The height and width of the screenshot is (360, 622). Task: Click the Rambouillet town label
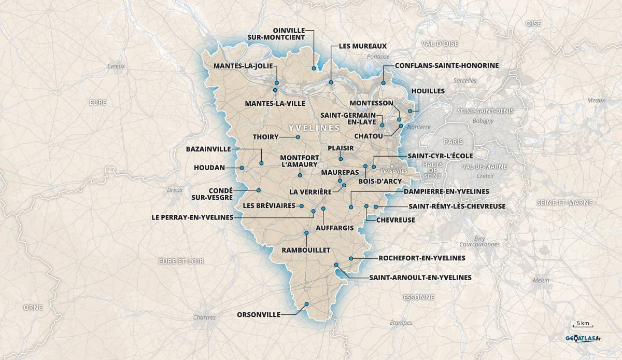[x=306, y=250]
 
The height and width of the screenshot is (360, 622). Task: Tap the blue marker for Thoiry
[x=298, y=137]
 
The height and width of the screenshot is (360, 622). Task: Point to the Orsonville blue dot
[x=306, y=304]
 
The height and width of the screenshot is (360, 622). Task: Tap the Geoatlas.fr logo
[x=583, y=339]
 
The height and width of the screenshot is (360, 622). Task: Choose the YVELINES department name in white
[x=314, y=127]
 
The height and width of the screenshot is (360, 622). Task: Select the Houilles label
[x=428, y=91]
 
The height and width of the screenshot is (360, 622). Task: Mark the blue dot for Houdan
[x=242, y=168]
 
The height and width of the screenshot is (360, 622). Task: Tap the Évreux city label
[x=116, y=66]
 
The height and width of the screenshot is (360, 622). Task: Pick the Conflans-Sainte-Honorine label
[x=446, y=66]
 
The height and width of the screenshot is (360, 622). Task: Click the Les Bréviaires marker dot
[x=301, y=206]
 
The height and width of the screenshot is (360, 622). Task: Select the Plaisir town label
[x=341, y=148]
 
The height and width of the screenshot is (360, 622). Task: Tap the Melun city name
[x=541, y=280]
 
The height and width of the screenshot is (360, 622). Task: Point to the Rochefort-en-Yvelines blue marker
[x=351, y=258]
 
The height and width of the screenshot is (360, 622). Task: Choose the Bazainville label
[x=208, y=149]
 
